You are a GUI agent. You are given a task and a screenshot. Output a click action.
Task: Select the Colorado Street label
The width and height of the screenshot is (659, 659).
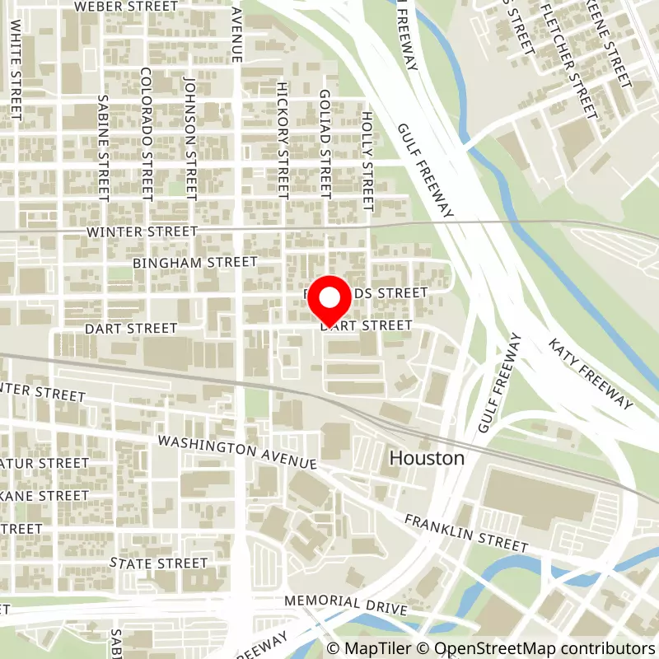[x=147, y=133]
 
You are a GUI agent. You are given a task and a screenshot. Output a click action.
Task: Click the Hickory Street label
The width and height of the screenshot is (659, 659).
[x=283, y=140]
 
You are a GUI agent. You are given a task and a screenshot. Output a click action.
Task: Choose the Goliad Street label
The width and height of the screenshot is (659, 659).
[x=325, y=145]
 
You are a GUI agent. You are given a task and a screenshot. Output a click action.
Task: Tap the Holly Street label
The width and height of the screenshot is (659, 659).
[x=367, y=161]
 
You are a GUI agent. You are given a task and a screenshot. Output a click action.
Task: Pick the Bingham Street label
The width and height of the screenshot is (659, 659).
[x=194, y=262]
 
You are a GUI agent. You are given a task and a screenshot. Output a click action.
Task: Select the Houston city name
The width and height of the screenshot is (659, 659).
[x=427, y=459]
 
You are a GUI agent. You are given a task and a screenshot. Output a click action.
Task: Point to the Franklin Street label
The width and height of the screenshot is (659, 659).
[x=465, y=533]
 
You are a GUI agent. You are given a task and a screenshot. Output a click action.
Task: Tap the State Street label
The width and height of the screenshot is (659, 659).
[x=159, y=563]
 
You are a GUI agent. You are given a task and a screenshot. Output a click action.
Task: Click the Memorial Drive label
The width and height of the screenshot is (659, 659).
[x=346, y=604]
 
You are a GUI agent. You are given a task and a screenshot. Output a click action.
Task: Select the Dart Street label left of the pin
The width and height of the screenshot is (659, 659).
[x=131, y=329]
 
